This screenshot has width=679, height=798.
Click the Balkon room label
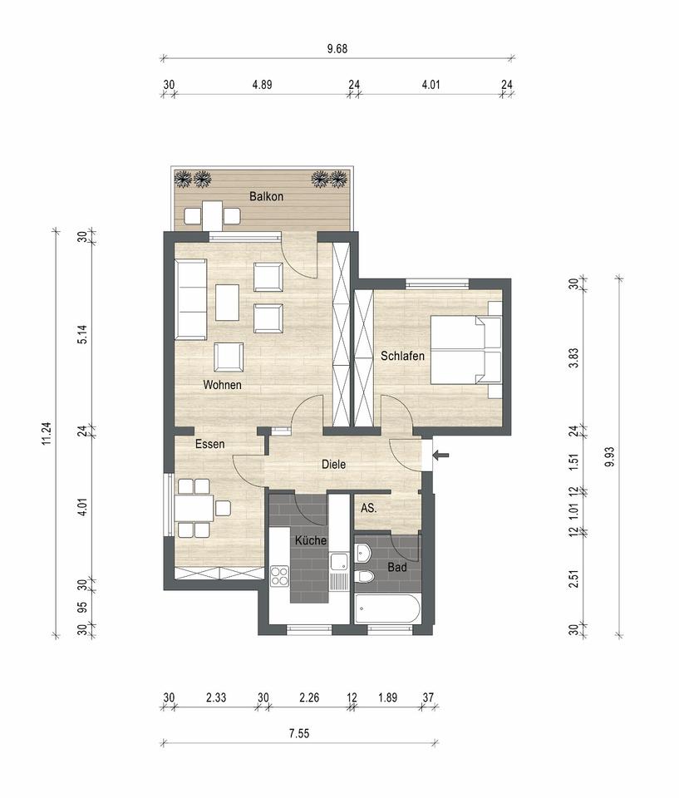point(267,197)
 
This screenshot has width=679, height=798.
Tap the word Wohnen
point(222,385)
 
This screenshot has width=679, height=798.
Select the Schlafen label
point(403,356)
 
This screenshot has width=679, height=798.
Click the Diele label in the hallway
point(333,465)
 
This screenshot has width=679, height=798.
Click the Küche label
point(309,540)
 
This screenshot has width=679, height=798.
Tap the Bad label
point(397,568)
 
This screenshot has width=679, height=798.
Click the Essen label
point(210,445)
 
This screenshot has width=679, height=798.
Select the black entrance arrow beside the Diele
point(441,455)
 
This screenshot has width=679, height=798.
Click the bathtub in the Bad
point(387,608)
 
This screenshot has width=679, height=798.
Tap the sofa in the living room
point(190,298)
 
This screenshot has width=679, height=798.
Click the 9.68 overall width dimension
point(337,48)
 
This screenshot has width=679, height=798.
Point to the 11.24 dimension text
point(47,435)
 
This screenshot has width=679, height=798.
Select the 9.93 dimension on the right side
point(611,456)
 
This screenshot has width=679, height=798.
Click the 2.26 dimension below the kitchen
point(308,698)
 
